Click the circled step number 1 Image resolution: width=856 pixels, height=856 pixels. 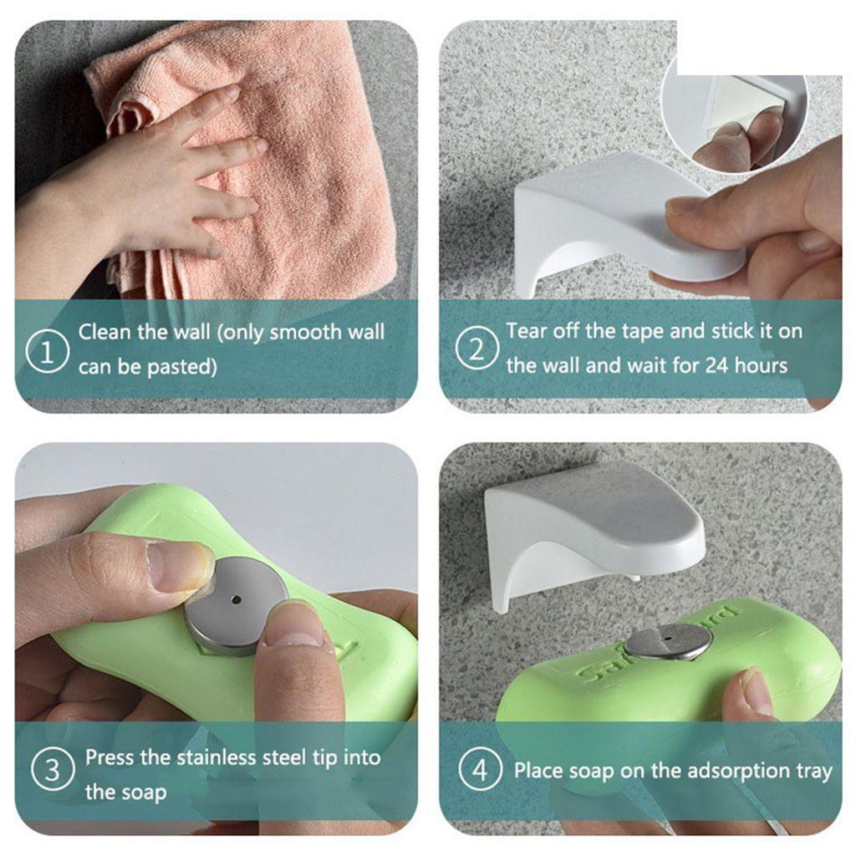pyautogui.click(x=48, y=350)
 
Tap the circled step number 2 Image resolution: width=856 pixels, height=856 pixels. pyautogui.click(x=476, y=349)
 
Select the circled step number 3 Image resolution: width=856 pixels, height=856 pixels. pyautogui.click(x=53, y=769)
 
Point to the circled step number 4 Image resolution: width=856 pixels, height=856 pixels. pyautogui.click(x=480, y=769)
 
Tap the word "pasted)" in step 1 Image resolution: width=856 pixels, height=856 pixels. pyautogui.click(x=182, y=366)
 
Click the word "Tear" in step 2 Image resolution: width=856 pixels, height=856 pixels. pyautogui.click(x=527, y=330)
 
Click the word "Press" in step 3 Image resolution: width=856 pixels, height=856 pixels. pyautogui.click(x=110, y=757)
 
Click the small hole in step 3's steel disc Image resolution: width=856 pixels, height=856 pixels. pyautogui.click(x=235, y=600)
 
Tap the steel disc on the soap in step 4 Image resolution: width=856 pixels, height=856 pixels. pyautogui.click(x=668, y=641)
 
